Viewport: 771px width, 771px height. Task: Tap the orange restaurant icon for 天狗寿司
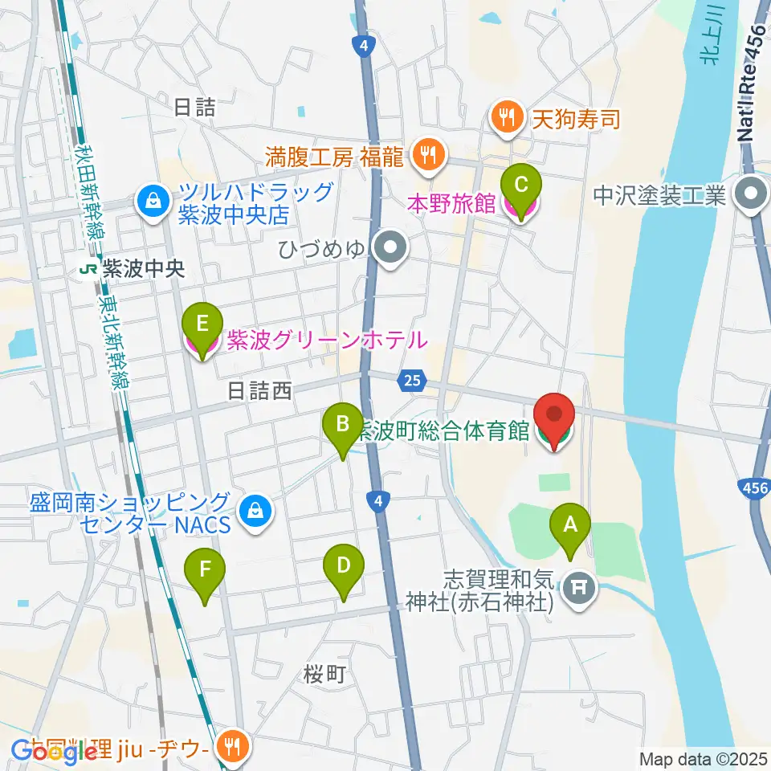coord(505,119)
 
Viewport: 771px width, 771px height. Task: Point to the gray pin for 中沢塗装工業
coord(753,194)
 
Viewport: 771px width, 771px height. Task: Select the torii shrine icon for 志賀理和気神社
coord(578,589)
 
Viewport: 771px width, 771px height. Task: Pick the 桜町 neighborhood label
coord(325,675)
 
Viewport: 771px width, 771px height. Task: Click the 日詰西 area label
coord(259,391)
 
